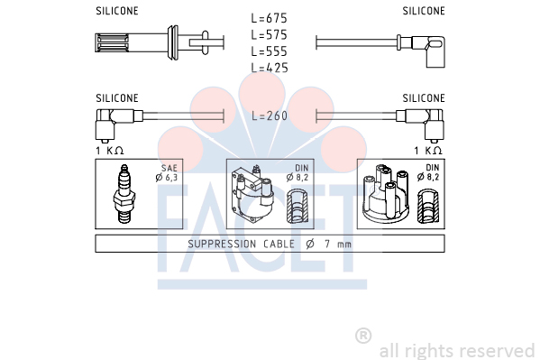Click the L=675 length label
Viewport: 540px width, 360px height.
[269, 18]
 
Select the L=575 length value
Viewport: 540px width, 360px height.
[269, 35]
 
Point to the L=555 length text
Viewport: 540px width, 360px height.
[269, 51]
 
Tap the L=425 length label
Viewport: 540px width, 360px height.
[270, 68]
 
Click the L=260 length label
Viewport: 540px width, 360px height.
[270, 115]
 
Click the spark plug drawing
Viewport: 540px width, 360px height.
[124, 193]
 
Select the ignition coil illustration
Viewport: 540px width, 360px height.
[252, 195]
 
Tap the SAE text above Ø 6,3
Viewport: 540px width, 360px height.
[169, 168]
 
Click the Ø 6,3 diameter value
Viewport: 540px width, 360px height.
[167, 178]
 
